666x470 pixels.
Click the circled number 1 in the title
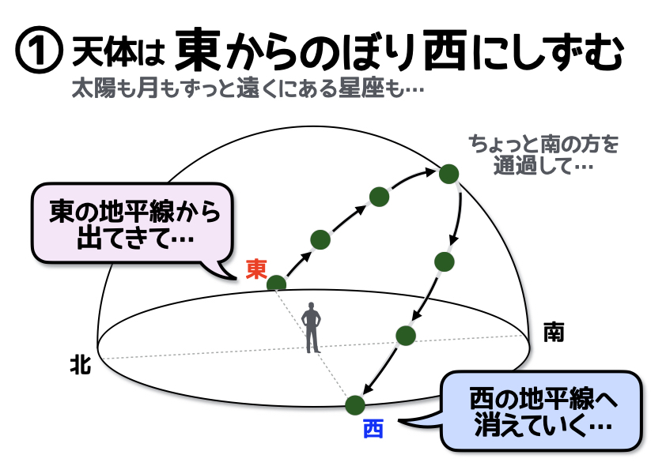tap(39, 51)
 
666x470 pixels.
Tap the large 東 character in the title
tap(199, 49)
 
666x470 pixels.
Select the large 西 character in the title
tap(445, 50)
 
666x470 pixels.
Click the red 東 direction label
tap(256, 269)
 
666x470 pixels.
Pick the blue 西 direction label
tap(373, 429)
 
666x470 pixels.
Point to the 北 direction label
tap(81, 364)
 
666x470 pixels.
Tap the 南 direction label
tap(554, 332)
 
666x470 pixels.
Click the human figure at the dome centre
tap(312, 328)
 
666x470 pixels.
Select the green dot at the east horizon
tap(277, 284)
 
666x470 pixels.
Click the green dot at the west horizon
tap(355, 405)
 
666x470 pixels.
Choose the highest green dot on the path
tap(449, 174)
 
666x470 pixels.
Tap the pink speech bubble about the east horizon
tap(132, 225)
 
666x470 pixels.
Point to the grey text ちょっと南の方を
tap(543, 145)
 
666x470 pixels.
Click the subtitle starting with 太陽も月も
tap(248, 88)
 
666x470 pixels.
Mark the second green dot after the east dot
tap(380, 197)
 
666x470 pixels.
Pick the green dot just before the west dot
tap(406, 336)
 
